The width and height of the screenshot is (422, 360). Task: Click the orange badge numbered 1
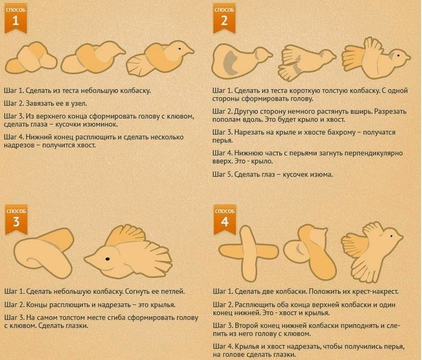[16, 19]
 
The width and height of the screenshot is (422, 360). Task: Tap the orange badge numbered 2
[224, 19]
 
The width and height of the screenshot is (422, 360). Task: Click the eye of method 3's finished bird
[107, 259]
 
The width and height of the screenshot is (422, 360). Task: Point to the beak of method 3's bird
[89, 259]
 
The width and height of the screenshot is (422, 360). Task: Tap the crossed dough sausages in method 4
[249, 253]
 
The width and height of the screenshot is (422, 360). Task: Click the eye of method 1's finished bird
[179, 49]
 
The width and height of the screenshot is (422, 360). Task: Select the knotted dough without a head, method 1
[31, 58]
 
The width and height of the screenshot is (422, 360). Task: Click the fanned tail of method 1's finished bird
[136, 66]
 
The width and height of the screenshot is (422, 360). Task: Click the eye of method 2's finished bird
[398, 55]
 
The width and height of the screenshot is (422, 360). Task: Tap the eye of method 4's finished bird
[392, 236]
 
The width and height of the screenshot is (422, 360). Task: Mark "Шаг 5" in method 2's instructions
[222, 174]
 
